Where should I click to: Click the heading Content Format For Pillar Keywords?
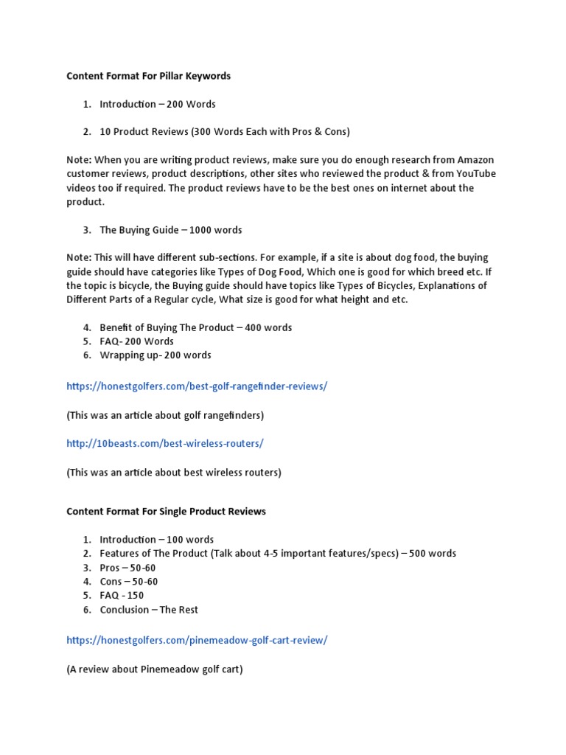click(148, 76)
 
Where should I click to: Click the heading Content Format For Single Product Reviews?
click(166, 511)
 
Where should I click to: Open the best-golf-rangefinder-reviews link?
click(197, 386)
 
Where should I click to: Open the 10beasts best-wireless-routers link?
click(164, 443)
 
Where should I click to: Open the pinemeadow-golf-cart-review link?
click(197, 641)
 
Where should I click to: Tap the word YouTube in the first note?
click(475, 174)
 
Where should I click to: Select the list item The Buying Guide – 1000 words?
click(171, 230)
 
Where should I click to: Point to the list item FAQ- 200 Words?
click(137, 341)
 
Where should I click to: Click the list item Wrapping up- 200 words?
click(156, 355)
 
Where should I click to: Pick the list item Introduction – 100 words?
click(157, 540)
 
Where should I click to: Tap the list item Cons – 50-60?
click(129, 582)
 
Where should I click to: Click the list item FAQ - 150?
click(122, 596)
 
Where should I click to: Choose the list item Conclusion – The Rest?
click(149, 610)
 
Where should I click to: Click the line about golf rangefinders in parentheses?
click(165, 415)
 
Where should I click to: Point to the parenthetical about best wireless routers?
click(174, 472)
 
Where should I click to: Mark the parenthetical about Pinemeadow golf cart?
click(155, 669)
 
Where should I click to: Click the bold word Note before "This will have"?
click(79, 258)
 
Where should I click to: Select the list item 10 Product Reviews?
click(225, 132)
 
